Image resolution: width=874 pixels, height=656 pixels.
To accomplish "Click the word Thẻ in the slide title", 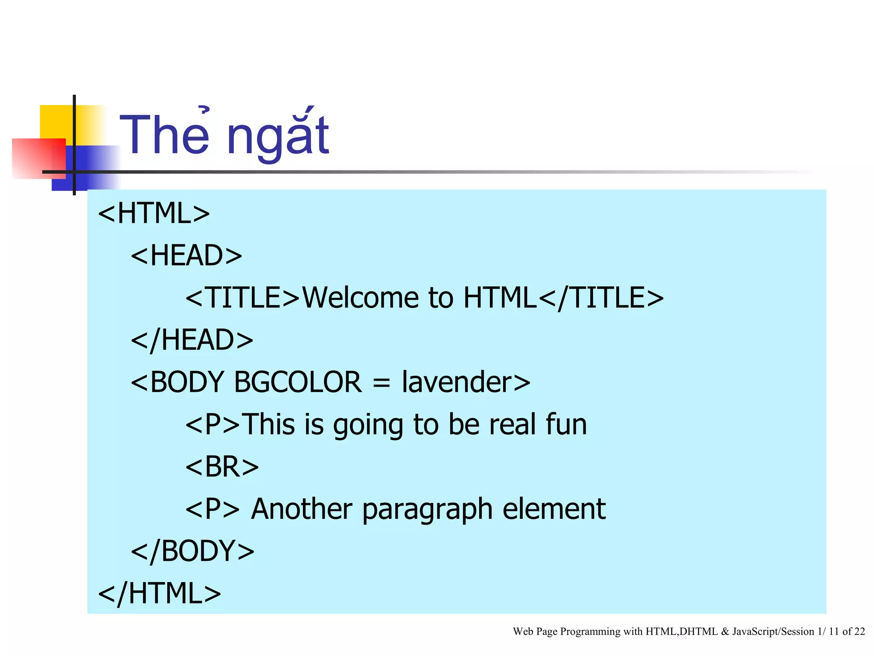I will [165, 136].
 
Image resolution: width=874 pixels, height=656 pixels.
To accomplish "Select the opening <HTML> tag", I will [154, 213].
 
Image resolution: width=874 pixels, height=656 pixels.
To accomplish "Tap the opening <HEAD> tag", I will [186, 255].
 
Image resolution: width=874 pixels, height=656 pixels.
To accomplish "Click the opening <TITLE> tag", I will [243, 298].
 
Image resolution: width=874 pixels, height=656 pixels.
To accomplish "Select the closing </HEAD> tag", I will [192, 340].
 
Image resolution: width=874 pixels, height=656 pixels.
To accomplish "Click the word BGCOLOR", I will [298, 382].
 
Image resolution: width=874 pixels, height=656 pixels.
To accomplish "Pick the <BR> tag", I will [222, 466].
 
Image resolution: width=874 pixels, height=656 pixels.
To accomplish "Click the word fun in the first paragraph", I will [566, 424].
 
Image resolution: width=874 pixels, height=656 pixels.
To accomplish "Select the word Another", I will [302, 509].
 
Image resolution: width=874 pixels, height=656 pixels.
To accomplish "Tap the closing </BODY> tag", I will [192, 551].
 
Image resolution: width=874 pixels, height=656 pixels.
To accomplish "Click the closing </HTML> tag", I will [160, 593].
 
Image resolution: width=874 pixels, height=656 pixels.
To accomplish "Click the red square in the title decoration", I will [38, 157].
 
